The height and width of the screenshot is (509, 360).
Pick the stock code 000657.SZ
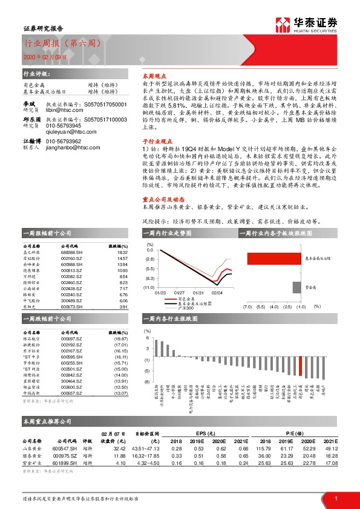coord(72,393)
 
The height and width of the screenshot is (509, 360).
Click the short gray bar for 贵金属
coord(296,287)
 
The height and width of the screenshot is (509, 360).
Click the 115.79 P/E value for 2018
coord(261,448)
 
